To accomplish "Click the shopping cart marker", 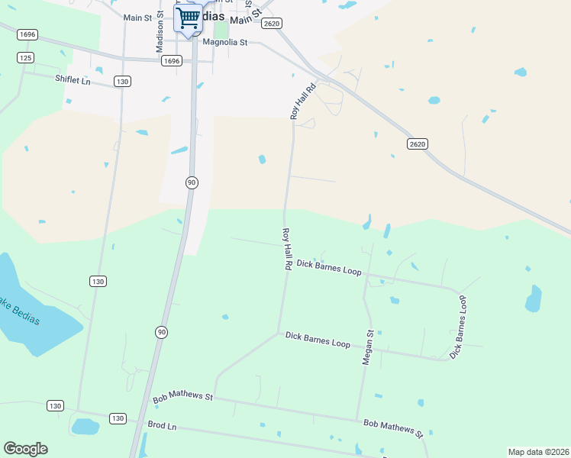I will tap(188, 18).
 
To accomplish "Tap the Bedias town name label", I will tap(214, 17).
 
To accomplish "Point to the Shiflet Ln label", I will tap(73, 79).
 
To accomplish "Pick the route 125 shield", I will tap(26, 58).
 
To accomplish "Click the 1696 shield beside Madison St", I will tap(172, 61).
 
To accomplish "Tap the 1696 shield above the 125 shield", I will tap(28, 34).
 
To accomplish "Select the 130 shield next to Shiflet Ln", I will tap(121, 81).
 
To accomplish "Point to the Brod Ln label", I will tap(162, 425).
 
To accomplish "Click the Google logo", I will tap(25, 449).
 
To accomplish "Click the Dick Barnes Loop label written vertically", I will tap(458, 327).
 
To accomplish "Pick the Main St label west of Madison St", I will tap(138, 18).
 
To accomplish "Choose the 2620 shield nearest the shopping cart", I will tap(271, 24).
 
